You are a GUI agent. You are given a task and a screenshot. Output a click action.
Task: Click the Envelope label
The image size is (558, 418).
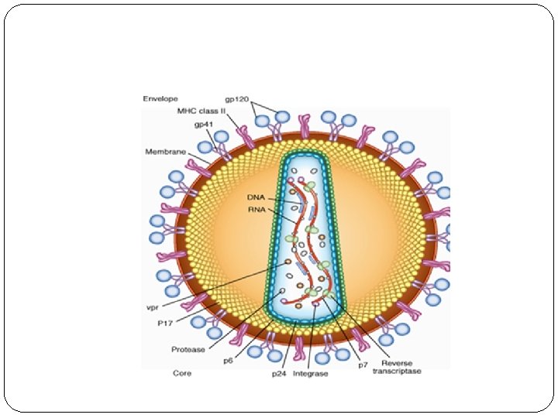(160, 99)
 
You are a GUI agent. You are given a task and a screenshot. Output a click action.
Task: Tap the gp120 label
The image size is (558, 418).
(236, 99)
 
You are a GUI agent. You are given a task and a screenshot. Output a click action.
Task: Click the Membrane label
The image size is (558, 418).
(166, 151)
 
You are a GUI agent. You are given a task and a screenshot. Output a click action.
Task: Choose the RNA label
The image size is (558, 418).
(257, 209)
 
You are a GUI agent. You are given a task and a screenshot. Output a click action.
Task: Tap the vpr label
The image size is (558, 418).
(153, 307)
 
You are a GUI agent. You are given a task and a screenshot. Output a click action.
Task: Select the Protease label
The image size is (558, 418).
(188, 349)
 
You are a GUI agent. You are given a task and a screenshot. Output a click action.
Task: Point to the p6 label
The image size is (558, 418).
(229, 361)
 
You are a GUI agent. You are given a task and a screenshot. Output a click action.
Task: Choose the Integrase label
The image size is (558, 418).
(311, 374)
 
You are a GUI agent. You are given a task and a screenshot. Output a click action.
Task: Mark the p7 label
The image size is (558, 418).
(362, 365)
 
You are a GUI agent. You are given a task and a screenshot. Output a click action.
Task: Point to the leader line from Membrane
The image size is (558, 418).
(198, 157)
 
